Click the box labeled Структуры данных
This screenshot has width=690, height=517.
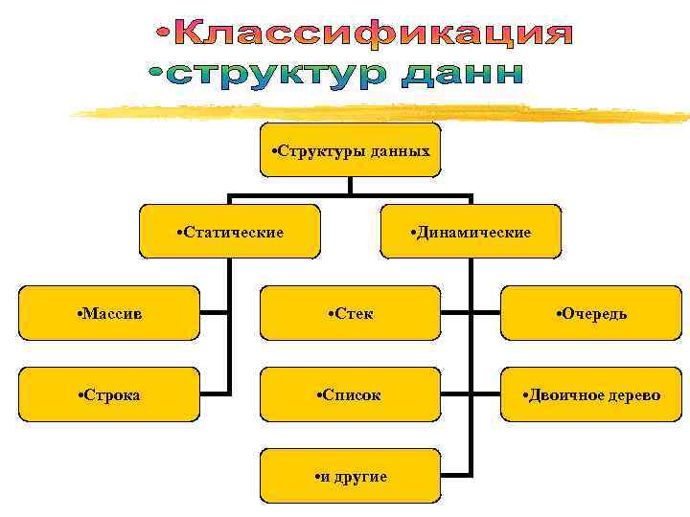click(x=350, y=150)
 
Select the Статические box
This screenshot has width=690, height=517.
click(x=229, y=232)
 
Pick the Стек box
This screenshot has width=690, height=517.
click(x=350, y=313)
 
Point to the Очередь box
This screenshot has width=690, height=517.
click(x=591, y=313)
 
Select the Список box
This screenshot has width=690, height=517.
click(x=350, y=394)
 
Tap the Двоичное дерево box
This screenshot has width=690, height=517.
click(x=591, y=394)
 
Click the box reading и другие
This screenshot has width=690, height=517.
click(x=350, y=476)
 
